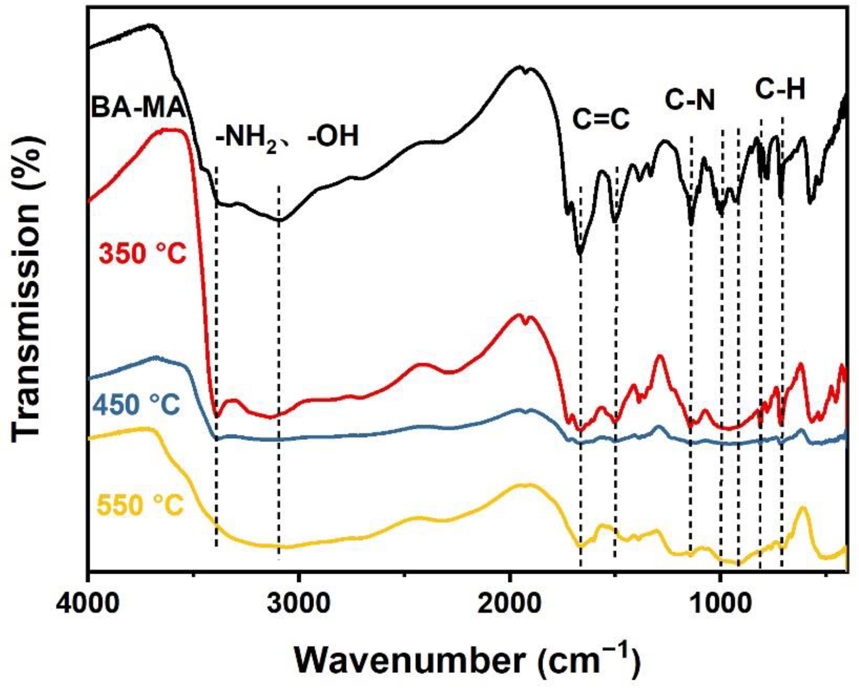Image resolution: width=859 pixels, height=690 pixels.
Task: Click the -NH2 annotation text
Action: point(245,137)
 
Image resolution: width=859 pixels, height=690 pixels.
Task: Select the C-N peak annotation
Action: point(690,100)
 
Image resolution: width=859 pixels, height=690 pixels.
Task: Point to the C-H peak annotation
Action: point(781,89)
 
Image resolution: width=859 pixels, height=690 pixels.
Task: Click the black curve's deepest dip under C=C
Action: point(580,255)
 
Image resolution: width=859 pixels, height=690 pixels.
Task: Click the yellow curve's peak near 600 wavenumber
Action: point(802,508)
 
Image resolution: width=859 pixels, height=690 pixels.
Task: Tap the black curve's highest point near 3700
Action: point(151,25)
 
